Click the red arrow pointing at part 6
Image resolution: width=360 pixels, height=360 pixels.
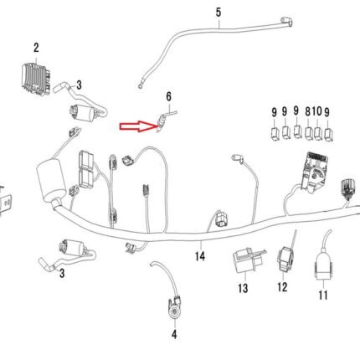(x=138, y=126)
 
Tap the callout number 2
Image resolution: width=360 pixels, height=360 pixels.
(x=36, y=48)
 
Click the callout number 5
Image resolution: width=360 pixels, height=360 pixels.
(x=219, y=13)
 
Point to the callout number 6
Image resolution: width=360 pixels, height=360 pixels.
(x=168, y=96)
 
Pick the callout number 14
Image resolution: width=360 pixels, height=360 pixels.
(x=200, y=256)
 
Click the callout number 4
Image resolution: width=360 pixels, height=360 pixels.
(x=174, y=334)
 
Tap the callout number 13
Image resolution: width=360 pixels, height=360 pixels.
(x=243, y=288)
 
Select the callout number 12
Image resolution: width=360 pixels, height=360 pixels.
(x=282, y=287)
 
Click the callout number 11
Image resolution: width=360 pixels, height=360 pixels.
(x=323, y=295)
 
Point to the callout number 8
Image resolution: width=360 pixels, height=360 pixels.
(x=307, y=112)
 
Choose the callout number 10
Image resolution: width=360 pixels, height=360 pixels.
(x=316, y=112)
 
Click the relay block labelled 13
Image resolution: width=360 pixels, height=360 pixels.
(x=247, y=261)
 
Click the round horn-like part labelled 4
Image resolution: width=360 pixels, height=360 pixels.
(x=175, y=308)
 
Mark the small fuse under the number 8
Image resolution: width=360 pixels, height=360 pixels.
(x=308, y=133)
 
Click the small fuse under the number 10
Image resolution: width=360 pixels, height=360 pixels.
(x=317, y=133)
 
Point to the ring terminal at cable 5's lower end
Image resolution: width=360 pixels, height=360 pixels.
(x=140, y=86)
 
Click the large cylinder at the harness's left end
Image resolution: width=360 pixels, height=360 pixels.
(x=51, y=182)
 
